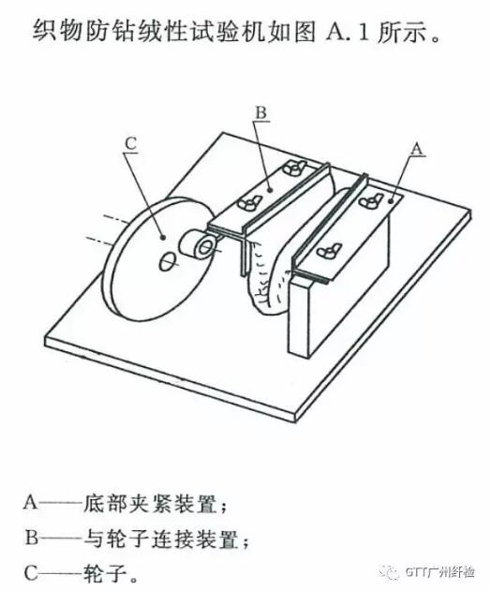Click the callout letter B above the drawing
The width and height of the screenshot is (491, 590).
260,112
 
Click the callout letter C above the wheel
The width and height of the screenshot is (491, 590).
131,144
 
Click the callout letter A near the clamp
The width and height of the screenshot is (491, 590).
417,149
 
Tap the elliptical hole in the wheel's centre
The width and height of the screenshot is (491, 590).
167,260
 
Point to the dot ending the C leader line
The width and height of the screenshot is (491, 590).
163,237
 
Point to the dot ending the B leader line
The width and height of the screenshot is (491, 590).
270,190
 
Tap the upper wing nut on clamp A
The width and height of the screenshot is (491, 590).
371,199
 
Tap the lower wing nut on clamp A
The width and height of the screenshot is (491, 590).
329,250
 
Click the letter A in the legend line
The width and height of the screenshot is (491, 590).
31,502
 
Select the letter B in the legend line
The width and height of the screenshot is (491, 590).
32,538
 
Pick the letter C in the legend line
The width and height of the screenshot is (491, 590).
32,573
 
